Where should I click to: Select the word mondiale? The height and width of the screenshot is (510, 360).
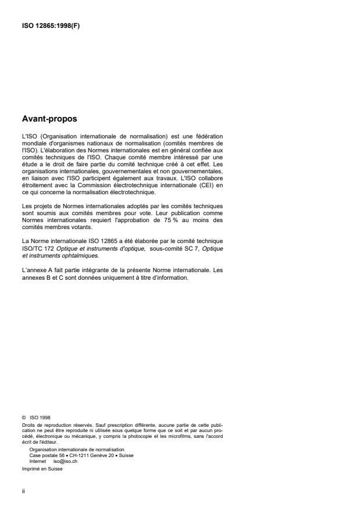(x=34, y=142)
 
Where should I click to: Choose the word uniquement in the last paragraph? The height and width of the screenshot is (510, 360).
(x=117, y=277)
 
